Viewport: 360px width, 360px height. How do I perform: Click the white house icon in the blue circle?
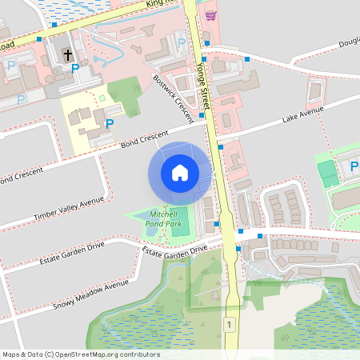tap(180, 173)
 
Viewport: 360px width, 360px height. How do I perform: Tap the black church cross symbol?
tap(67, 56)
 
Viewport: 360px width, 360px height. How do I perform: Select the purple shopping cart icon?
tap(210, 15)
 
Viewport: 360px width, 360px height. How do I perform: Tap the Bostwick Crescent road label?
tap(173, 99)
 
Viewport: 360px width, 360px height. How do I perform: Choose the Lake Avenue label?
tap(302, 118)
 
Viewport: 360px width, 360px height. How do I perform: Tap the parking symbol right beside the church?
tap(75, 69)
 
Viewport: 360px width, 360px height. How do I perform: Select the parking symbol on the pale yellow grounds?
tap(109, 124)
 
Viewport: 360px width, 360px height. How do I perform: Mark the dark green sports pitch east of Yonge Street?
tap(326, 171)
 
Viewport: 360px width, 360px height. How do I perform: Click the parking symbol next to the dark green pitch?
tap(355, 167)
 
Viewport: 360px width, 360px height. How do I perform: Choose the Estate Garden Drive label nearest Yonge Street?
tap(174, 250)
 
